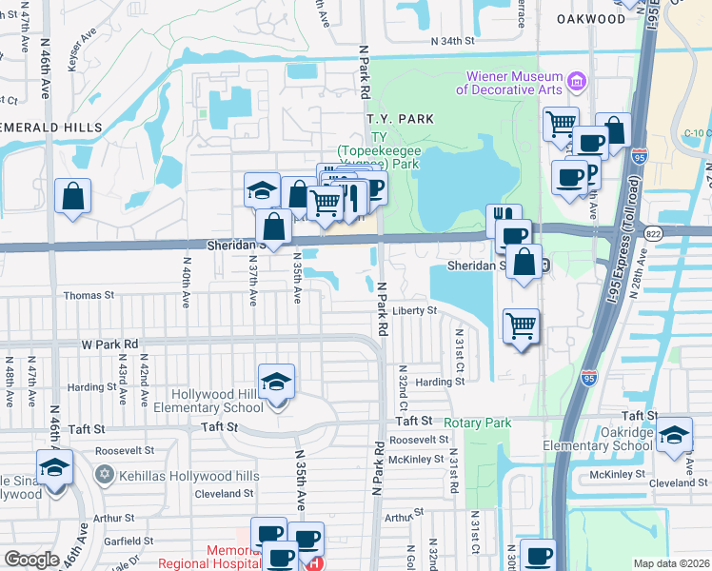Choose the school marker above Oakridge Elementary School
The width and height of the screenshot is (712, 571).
pos(674,433)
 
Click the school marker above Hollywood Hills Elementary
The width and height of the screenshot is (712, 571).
pos(276,383)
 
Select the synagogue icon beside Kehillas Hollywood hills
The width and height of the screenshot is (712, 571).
pos(104,473)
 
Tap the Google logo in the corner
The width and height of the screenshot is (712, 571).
pos(31,559)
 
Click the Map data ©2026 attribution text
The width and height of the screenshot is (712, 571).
pos(671,563)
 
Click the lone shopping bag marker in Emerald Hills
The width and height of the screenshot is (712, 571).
pos(72,197)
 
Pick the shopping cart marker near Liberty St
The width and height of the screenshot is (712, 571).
pos(521,326)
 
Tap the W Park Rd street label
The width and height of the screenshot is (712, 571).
pos(109,344)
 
